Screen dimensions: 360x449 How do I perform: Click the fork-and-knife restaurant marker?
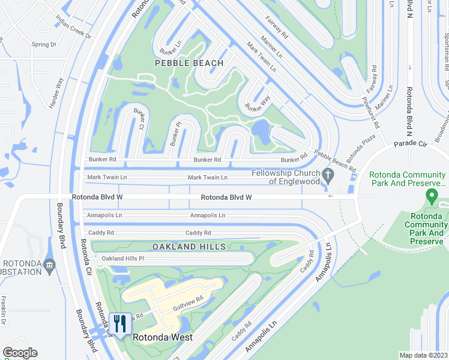pyautogui.click(x=121, y=324)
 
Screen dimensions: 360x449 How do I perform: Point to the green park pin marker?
pyautogui.click(x=430, y=196)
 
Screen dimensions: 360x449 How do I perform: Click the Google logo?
pyautogui.click(x=20, y=353)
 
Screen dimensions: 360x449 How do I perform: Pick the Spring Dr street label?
pyautogui.click(x=44, y=44)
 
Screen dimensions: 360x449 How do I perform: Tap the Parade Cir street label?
pyautogui.click(x=409, y=145)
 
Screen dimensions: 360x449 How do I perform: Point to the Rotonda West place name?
pyautogui.click(x=163, y=337)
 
